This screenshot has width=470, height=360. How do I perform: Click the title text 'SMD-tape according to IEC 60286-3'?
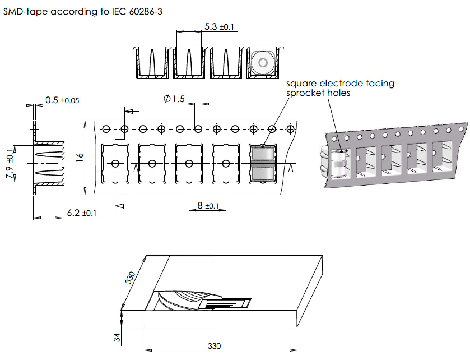pyautogui.click(x=83, y=12)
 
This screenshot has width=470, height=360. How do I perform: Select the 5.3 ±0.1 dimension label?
pyautogui.click(x=219, y=26)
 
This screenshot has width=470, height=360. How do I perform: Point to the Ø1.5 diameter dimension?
pyautogui.click(x=174, y=99)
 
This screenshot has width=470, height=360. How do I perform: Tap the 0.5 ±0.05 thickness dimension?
pyautogui.click(x=62, y=100)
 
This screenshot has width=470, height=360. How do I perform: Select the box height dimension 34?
pyautogui.click(x=116, y=338)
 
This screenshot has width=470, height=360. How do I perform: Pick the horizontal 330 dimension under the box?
pyautogui.click(x=215, y=346)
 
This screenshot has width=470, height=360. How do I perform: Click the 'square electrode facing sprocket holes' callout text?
pyautogui.click(x=340, y=88)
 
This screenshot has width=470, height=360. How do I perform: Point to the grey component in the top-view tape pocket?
pyautogui.click(x=262, y=163)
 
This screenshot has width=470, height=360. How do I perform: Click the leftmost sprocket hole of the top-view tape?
pyautogui.click(x=105, y=130)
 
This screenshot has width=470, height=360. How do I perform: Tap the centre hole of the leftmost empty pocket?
pyautogui.click(x=115, y=163)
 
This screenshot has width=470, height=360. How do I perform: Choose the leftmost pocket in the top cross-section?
pyautogui.click(x=151, y=63)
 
